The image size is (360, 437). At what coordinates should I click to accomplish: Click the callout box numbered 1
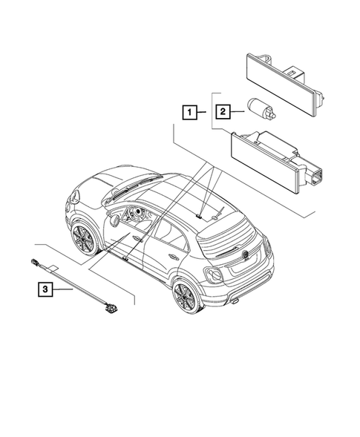(191, 113)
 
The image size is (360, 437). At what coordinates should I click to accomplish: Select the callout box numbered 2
(221, 113)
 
